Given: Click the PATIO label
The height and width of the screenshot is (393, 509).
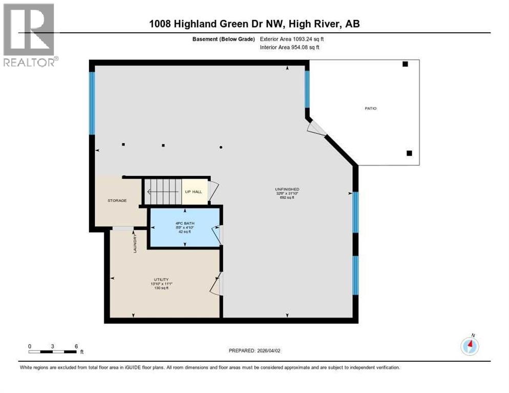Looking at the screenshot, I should click(x=371, y=108).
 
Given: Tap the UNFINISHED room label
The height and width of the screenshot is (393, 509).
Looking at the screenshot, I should click(x=287, y=189).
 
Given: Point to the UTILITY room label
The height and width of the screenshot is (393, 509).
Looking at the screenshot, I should click(x=160, y=279).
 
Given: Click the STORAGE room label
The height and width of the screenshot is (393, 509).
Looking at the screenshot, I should click(x=117, y=201).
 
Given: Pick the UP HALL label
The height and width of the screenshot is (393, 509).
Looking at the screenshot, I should click(x=194, y=192).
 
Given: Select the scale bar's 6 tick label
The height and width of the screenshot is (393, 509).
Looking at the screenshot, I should click(x=76, y=346).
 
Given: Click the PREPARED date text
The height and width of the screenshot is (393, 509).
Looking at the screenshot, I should click(x=254, y=351).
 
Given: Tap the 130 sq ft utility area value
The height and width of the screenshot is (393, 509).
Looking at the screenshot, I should click(x=160, y=288).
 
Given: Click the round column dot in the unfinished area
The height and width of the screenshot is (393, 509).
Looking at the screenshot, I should click(x=221, y=147).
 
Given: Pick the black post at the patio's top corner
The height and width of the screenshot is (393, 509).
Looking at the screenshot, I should click(x=405, y=64).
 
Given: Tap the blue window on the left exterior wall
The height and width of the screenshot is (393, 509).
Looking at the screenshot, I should click(x=92, y=102).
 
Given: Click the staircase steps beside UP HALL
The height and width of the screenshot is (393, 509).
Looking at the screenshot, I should click(x=163, y=192).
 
